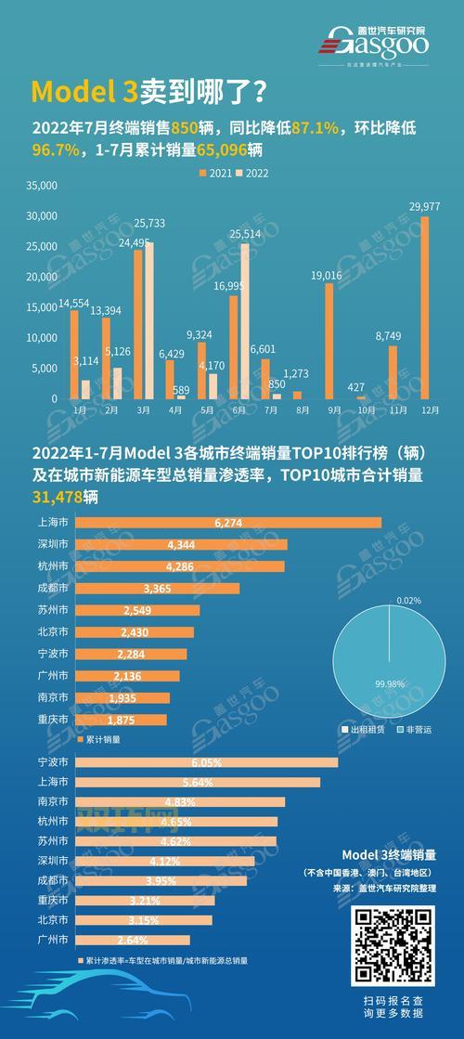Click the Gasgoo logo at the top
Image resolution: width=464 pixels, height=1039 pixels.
point(378,39)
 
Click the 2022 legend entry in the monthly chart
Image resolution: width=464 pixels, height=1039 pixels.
point(252,173)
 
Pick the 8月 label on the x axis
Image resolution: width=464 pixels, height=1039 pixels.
point(298,409)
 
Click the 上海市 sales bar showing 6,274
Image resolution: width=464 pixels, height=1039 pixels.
point(227,523)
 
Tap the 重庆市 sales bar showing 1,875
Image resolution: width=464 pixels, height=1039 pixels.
point(121,720)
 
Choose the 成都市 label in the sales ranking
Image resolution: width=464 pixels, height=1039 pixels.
point(51,589)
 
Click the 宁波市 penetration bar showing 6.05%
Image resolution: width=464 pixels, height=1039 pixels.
point(206,761)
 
